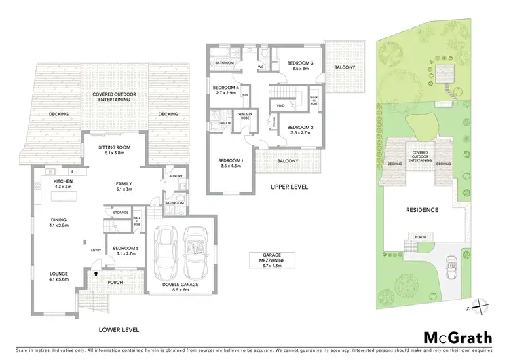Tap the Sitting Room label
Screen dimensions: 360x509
coord(113,150)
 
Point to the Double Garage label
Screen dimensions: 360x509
coord(181,287)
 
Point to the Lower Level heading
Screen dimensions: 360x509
coord(119,329)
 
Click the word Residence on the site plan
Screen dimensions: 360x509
coord(422,210)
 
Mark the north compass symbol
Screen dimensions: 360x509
coord(480,308)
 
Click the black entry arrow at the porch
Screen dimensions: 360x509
coord(96,274)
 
